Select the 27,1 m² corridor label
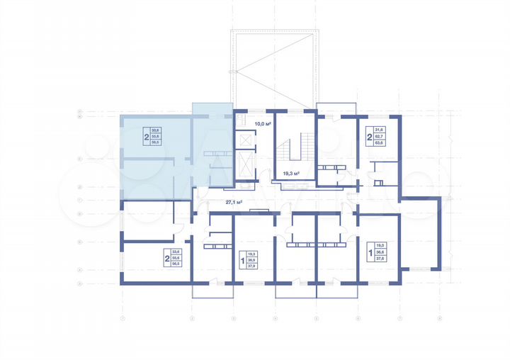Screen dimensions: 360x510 [234, 202]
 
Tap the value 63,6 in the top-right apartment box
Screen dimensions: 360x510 [380, 143]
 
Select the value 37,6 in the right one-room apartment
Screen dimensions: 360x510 [380, 258]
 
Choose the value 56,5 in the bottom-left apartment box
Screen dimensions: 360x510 [177, 264]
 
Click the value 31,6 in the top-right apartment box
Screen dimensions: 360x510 [380, 130]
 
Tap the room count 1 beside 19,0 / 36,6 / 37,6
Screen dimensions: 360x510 [370, 252]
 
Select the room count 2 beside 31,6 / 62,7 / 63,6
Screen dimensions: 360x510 [370, 136]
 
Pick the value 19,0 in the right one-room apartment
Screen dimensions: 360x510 [380, 245]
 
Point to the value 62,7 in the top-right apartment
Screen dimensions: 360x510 [380, 136]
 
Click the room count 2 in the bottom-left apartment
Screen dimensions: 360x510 [167, 258]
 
